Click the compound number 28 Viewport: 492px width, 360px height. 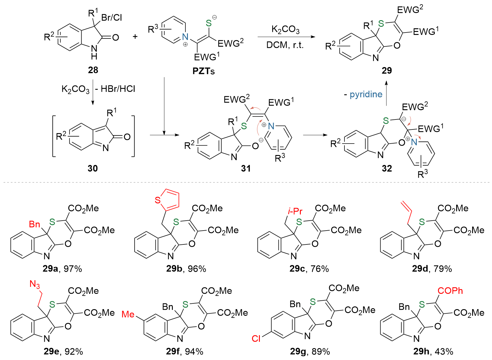(93, 70)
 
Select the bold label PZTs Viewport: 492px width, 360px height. (204, 71)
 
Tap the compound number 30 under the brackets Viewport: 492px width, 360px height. (92, 168)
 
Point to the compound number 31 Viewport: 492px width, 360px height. (246, 168)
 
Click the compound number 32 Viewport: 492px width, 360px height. (387, 168)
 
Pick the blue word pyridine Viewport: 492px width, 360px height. (366, 95)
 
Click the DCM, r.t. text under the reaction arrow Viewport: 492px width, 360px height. (285, 45)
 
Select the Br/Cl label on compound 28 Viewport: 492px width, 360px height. (112, 17)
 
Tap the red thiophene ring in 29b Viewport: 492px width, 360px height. (168, 200)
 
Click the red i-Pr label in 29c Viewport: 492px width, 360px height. (295, 211)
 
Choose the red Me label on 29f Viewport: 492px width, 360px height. (128, 314)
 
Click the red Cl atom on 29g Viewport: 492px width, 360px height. (256, 339)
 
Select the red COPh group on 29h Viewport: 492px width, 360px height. (450, 291)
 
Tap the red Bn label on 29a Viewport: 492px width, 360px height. (35, 224)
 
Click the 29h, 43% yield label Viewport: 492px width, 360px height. (433, 352)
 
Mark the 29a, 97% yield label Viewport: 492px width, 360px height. (62, 269)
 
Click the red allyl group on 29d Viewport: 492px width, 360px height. (406, 212)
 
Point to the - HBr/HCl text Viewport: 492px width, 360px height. (116, 89)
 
